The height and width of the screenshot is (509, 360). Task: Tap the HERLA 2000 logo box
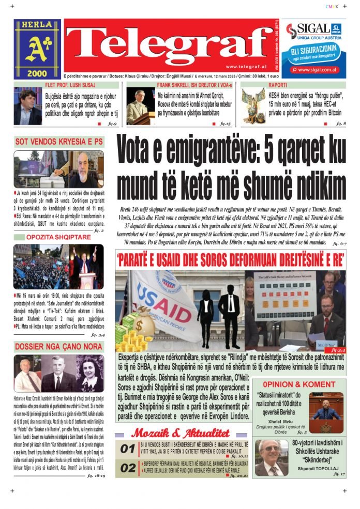[37, 49]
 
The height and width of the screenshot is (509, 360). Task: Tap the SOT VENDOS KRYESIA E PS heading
[59, 141]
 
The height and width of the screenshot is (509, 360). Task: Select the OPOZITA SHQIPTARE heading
[59, 237]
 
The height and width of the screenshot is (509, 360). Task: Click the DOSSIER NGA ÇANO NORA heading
[59, 347]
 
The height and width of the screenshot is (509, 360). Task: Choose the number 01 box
[127, 449]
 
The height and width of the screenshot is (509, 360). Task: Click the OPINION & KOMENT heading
[298, 385]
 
